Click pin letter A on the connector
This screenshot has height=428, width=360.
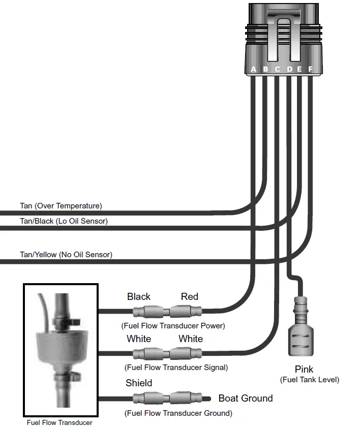tap(254, 69)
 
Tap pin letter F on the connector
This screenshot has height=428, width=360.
tap(310, 69)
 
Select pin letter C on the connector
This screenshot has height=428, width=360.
tap(277, 69)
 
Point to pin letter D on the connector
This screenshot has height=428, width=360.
tap(289, 69)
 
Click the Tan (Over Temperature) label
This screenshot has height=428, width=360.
tap(61, 206)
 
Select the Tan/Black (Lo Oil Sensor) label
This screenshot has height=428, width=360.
tap(64, 221)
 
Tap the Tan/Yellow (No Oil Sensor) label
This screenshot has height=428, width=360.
tap(66, 254)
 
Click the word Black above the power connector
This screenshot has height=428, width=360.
tap(139, 297)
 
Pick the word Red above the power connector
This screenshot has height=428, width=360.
tap(189, 297)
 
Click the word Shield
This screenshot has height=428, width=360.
tap(139, 383)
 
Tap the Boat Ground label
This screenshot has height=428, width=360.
tap(246, 398)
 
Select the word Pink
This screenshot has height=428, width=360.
tap(304, 369)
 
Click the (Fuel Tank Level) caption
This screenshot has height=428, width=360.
tap(309, 380)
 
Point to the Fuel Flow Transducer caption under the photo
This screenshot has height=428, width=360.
tap(60, 422)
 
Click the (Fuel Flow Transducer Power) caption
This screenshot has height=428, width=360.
tap(173, 325)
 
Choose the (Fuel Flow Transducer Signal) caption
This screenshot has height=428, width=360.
tap(176, 367)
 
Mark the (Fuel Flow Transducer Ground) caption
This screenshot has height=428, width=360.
tap(178, 413)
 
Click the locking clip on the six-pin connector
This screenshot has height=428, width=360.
tap(285, 38)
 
